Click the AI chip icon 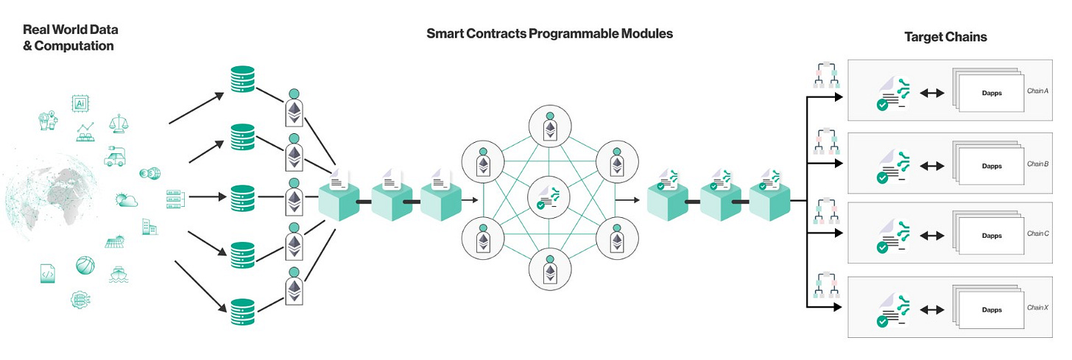(x=80, y=104)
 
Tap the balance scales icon (x=118, y=123)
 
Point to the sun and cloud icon (x=125, y=199)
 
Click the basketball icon (x=85, y=265)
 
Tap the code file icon (x=48, y=274)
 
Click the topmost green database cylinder (x=241, y=80)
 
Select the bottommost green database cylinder (x=241, y=312)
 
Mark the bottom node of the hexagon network (x=549, y=269)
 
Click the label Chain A (x=1037, y=91)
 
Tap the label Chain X (x=1037, y=308)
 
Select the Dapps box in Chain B (x=992, y=166)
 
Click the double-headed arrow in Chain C (x=933, y=236)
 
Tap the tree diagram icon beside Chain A (x=825, y=76)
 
